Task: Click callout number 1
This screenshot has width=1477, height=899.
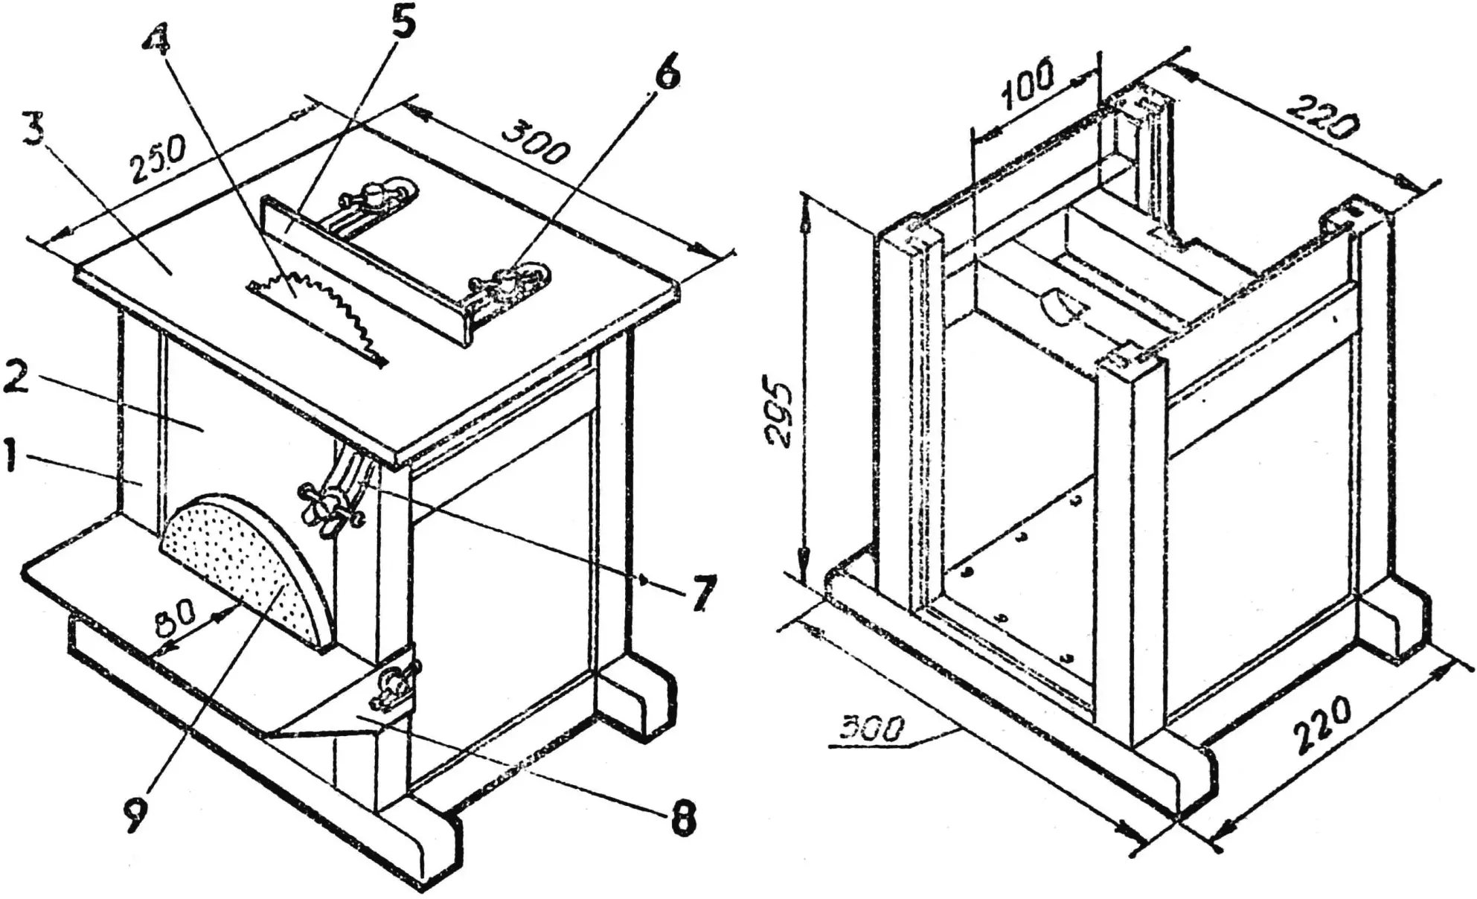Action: point(10,456)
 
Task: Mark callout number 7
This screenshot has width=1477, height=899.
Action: point(702,592)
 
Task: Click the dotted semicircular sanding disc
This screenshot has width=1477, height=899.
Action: point(246,565)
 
